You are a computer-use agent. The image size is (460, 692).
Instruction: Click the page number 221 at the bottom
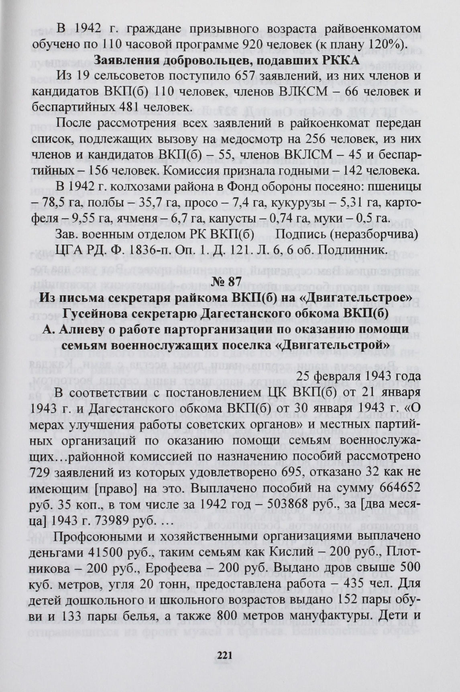click(x=225, y=655)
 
